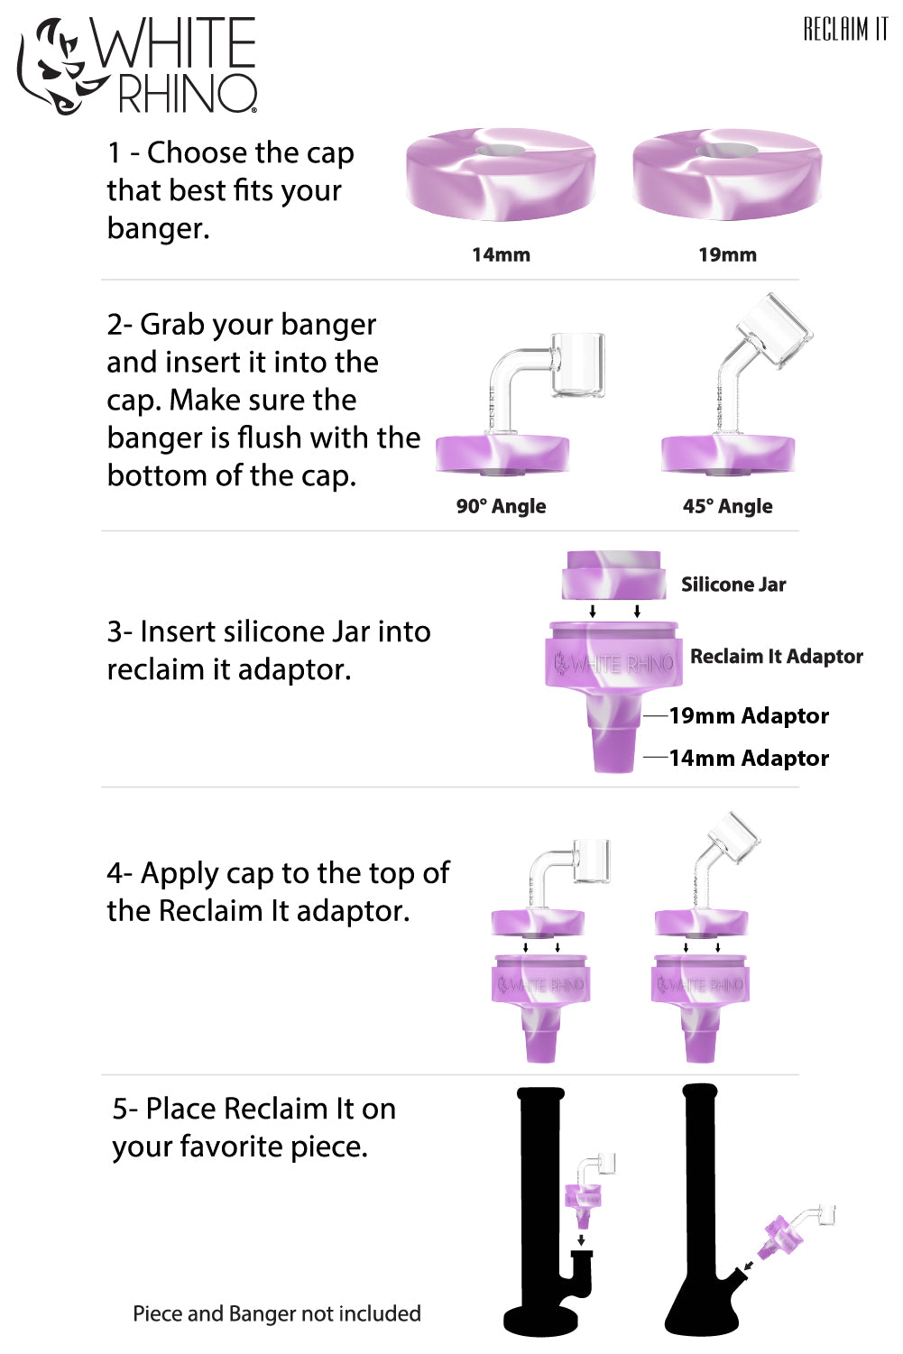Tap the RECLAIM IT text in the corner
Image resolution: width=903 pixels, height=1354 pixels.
[845, 29]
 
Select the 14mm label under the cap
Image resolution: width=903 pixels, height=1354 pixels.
[501, 255]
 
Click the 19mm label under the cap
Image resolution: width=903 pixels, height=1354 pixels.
[727, 255]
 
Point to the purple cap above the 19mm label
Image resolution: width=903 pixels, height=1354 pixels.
[727, 176]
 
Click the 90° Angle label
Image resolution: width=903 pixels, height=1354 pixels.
[501, 506]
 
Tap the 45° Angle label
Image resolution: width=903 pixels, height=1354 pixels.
[727, 506]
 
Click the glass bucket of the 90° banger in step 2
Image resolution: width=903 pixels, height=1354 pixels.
[577, 364]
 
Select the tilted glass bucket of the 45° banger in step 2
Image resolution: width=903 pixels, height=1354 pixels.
[773, 330]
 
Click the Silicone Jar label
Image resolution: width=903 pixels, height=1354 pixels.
[733, 585]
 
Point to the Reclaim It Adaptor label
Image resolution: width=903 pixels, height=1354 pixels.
[776, 657]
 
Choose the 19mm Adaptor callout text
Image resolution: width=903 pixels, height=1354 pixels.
[749, 716]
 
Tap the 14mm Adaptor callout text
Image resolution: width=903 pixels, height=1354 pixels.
[749, 759]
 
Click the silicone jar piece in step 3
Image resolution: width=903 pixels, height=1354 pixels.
[613, 575]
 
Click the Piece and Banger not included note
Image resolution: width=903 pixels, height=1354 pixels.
[277, 1314]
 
